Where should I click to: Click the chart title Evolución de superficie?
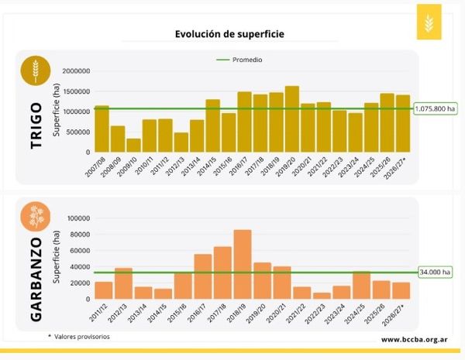219,35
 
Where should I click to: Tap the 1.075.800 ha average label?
435,109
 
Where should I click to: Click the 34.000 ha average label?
436,272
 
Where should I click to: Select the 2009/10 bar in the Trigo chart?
134,146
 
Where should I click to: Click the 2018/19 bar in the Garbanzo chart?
243,264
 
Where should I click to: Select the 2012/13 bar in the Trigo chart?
181,142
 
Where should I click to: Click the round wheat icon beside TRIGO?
34,71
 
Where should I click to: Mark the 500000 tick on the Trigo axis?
77,132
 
